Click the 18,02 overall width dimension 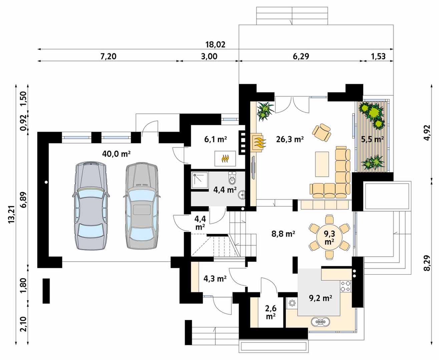[x=215, y=45]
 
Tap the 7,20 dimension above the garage [x=108, y=56]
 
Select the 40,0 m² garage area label [x=116, y=154]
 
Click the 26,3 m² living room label [x=290, y=139]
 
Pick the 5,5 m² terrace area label [x=372, y=139]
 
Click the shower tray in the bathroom [x=199, y=180]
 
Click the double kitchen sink [x=321, y=322]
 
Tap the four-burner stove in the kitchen [x=346, y=286]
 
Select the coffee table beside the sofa [x=322, y=164]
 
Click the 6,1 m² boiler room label [x=215, y=139]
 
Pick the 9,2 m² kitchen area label [x=320, y=298]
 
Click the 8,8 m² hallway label [x=283, y=234]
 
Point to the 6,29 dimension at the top [x=301, y=56]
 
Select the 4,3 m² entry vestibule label [x=215, y=279]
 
